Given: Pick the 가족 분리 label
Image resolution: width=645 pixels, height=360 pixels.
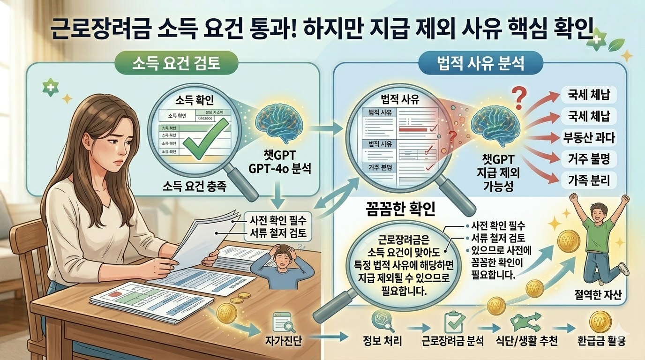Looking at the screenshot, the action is (x=589, y=179).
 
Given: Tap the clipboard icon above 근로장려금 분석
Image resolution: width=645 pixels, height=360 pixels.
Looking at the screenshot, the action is (x=453, y=321).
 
